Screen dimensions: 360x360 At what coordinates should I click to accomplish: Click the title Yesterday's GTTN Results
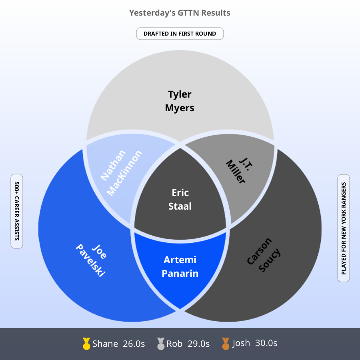click(180, 13)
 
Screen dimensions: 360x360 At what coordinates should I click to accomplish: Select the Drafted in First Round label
click(180, 34)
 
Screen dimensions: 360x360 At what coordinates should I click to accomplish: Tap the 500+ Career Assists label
click(17, 211)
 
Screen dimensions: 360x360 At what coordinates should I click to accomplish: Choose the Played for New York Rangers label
click(344, 228)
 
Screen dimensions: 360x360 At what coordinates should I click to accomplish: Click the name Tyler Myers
click(180, 101)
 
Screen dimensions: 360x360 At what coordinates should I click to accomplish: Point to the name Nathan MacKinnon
click(121, 173)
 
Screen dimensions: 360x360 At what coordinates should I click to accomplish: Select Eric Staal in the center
click(180, 200)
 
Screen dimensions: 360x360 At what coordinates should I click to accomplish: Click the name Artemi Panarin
click(180, 267)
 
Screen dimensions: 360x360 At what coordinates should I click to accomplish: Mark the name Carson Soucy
click(264, 255)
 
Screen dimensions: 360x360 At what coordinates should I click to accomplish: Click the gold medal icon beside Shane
click(86, 344)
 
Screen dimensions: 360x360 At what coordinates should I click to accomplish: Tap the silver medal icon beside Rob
click(161, 344)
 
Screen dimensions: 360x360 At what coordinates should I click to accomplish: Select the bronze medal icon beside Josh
click(226, 344)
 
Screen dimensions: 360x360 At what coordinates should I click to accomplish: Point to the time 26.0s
click(134, 344)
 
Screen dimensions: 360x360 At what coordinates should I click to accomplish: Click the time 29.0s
click(198, 344)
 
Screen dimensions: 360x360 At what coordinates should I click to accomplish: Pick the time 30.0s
click(266, 343)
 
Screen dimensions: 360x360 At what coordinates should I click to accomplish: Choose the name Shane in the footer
click(105, 344)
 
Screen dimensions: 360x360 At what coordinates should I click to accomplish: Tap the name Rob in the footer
click(174, 344)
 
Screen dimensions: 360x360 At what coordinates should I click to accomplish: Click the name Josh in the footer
click(241, 343)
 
